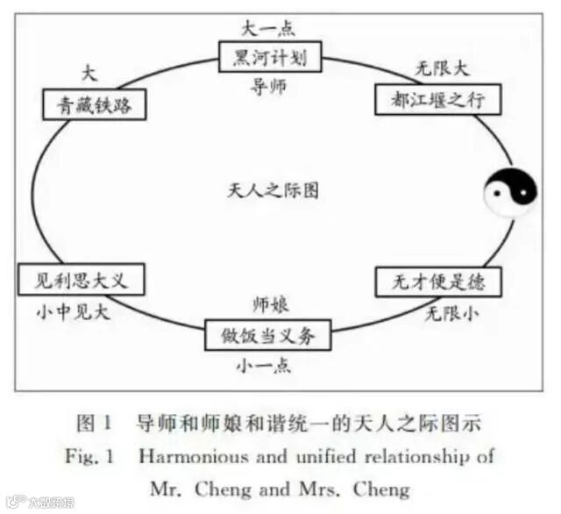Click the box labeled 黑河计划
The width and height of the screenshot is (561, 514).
coord(270,59)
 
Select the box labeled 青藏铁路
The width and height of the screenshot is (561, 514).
coord(94,105)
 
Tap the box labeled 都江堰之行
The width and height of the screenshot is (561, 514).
coord(437,100)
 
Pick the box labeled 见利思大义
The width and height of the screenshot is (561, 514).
coord(80,282)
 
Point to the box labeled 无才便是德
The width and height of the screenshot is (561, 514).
coord(438,282)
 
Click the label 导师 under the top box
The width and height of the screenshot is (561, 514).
coord(268,88)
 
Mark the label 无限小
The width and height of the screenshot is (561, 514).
coord(452,311)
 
